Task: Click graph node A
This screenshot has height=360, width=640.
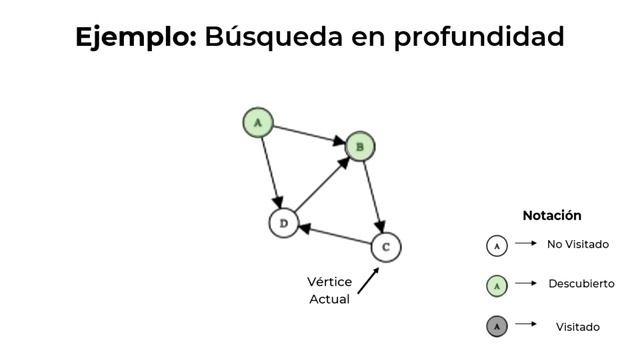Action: point(258,123)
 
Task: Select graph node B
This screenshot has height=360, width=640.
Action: point(360,147)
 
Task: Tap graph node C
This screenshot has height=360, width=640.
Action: point(386,246)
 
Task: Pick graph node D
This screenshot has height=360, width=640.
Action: point(284,223)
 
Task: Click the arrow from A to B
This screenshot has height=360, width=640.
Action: point(309,135)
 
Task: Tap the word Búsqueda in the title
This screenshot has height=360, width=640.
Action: point(268,38)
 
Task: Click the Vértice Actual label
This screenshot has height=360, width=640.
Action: point(329,291)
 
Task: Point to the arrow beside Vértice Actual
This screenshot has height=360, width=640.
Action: point(368,280)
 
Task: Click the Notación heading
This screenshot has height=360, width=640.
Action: point(551,215)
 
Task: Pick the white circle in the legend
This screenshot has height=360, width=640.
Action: point(497,245)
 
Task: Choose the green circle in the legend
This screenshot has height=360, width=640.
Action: point(497,285)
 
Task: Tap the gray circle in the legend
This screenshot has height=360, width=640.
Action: point(497,326)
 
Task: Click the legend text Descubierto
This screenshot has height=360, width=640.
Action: point(581,284)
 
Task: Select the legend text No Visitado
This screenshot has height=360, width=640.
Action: point(578,244)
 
